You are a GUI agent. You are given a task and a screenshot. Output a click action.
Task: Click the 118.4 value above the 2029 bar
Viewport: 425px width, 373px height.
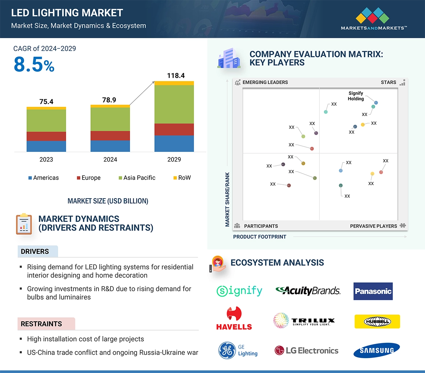click(176, 76)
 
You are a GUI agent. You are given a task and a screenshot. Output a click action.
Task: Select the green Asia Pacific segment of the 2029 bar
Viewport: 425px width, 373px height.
click(174, 104)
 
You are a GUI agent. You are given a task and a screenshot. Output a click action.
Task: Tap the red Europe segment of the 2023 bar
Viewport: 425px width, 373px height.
click(46, 136)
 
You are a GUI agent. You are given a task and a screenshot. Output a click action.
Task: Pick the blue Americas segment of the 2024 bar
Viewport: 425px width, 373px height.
click(110, 146)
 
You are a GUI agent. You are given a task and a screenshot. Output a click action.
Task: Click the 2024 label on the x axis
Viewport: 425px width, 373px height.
click(110, 160)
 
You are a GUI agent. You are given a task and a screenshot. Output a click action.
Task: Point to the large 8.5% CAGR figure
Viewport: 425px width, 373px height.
click(34, 65)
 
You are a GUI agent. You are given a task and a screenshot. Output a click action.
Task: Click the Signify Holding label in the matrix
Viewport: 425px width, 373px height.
click(356, 96)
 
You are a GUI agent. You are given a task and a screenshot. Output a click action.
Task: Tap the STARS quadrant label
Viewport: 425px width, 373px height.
click(388, 82)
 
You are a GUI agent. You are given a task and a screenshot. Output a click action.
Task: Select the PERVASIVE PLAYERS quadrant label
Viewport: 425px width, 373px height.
click(373, 226)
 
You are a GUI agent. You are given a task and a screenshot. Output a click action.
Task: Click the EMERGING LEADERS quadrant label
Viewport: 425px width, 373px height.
click(265, 82)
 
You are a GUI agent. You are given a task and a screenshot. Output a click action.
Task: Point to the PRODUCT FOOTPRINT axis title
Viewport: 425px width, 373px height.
click(260, 237)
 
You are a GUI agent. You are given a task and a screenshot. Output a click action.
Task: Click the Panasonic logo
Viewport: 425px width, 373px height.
click(373, 291)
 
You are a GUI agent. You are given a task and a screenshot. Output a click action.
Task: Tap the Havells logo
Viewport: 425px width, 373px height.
click(234, 318)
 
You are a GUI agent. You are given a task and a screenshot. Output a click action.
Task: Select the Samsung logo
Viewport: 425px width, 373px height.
click(376, 350)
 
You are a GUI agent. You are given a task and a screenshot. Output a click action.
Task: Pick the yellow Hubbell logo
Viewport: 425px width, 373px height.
click(377, 321)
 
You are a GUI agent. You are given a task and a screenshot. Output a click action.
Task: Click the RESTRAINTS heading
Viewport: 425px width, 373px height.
click(41, 324)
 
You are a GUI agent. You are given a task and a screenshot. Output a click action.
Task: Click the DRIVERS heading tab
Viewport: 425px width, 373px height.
click(35, 252)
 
